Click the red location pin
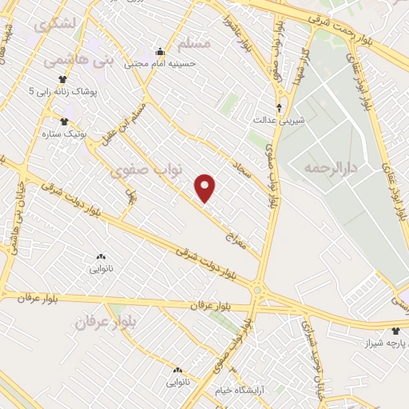point(206,187)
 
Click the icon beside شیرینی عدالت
point(279,106)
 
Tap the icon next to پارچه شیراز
point(395,329)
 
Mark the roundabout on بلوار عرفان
point(257,291)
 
